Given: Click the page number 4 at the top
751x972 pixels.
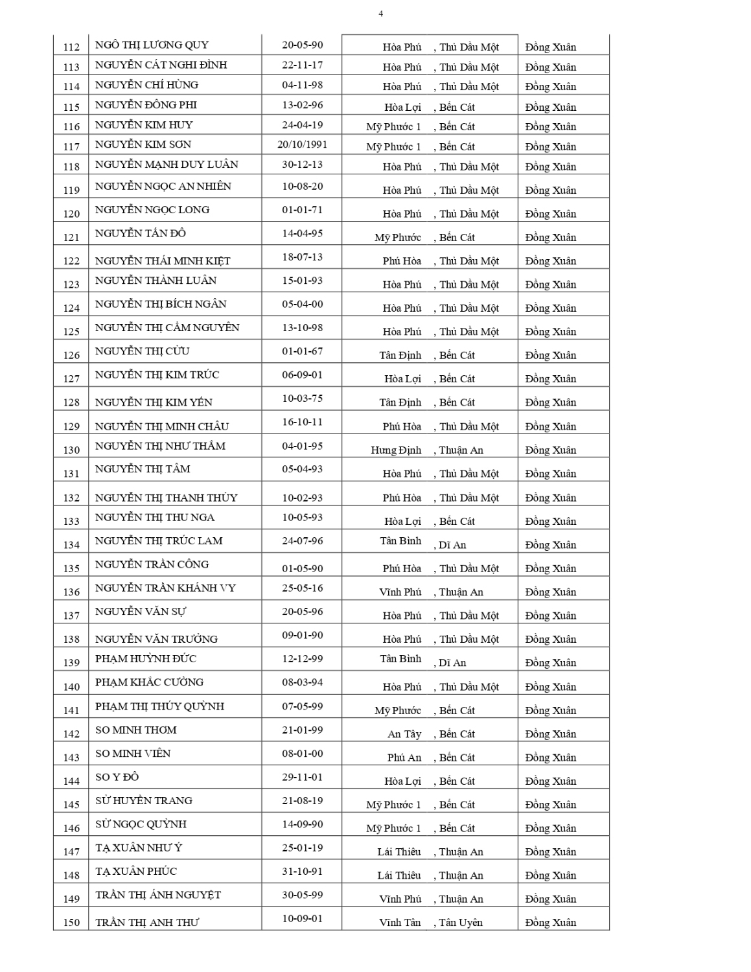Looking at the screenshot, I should [x=380, y=14].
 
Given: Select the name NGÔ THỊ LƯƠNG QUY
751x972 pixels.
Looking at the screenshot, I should [x=152, y=45].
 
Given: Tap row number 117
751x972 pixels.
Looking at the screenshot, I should [x=71, y=147].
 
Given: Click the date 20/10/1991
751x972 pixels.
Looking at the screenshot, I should [x=302, y=145].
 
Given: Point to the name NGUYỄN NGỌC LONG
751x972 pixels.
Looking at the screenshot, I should [x=152, y=210].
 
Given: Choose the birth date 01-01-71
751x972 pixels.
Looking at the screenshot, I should [x=302, y=210].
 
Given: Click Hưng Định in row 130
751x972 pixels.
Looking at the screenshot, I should [x=396, y=450].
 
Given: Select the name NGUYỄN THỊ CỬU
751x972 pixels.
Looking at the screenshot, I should [x=143, y=351].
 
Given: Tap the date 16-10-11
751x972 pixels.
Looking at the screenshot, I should [x=302, y=422].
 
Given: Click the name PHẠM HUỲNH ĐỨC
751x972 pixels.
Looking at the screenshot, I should [x=146, y=659].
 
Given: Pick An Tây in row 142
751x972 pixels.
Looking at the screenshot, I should [x=404, y=734].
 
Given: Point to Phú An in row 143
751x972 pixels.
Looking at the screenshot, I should [x=404, y=758].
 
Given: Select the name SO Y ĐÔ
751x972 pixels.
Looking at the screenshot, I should [x=117, y=777].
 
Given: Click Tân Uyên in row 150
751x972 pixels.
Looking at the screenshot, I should [x=461, y=923].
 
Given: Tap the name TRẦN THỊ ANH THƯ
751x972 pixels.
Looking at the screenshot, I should [x=147, y=923].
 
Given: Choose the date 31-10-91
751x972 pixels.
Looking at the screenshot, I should [x=302, y=872].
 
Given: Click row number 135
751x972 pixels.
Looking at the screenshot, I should [x=71, y=569].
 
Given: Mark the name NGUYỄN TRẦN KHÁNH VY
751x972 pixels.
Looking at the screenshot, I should [x=165, y=588].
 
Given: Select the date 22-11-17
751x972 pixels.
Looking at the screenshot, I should [x=302, y=65].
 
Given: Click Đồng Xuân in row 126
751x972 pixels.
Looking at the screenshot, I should [x=551, y=356].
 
